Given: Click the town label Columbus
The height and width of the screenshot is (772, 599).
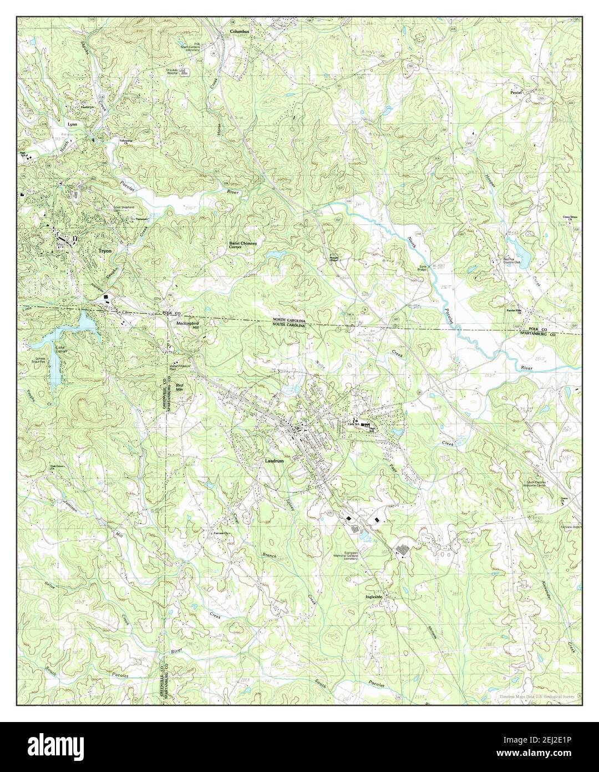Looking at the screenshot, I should coord(240,32).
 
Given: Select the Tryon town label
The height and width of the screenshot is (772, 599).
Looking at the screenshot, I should coord(105,251).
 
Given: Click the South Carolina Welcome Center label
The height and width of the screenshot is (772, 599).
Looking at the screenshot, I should coord(547,484).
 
